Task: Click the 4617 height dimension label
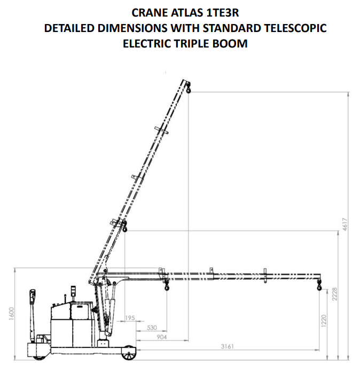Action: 345,224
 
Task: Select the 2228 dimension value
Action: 334,294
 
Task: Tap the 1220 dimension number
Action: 324,321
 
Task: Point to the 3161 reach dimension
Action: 228,346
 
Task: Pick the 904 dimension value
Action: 162,337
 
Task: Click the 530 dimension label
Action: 152,328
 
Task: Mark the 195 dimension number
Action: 130,318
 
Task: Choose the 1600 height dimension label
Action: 12,314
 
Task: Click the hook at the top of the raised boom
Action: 188,88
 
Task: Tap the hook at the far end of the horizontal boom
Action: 319,285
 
